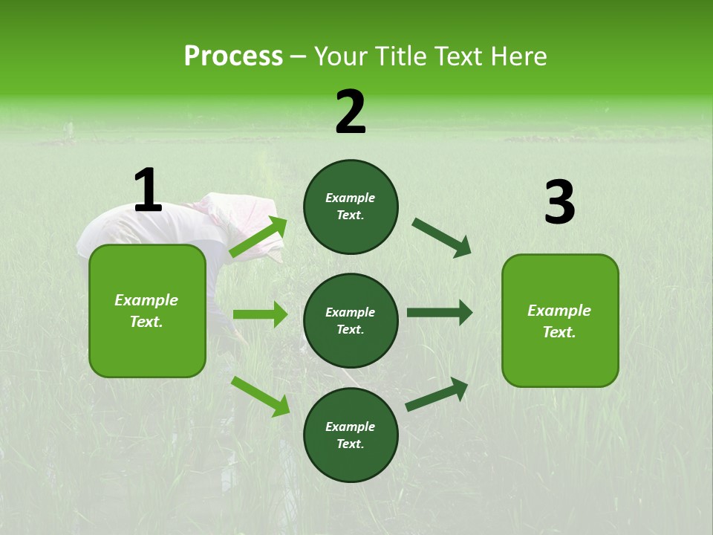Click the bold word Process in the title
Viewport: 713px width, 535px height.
[233, 56]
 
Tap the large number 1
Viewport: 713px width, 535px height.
[148, 191]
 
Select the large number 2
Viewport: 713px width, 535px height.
[351, 112]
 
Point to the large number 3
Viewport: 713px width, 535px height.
[559, 203]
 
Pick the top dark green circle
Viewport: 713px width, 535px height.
[351, 207]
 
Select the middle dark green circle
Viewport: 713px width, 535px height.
[351, 321]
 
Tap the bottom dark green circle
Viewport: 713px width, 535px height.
[351, 435]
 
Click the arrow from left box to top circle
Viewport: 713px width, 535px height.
[259, 236]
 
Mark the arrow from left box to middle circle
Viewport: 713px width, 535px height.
[260, 315]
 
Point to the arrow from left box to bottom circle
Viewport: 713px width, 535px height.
[261, 396]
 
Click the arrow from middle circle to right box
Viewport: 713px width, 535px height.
[440, 313]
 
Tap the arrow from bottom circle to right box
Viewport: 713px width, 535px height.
[437, 395]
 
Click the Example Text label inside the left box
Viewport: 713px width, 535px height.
[147, 311]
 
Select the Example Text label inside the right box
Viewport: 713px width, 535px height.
[560, 321]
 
